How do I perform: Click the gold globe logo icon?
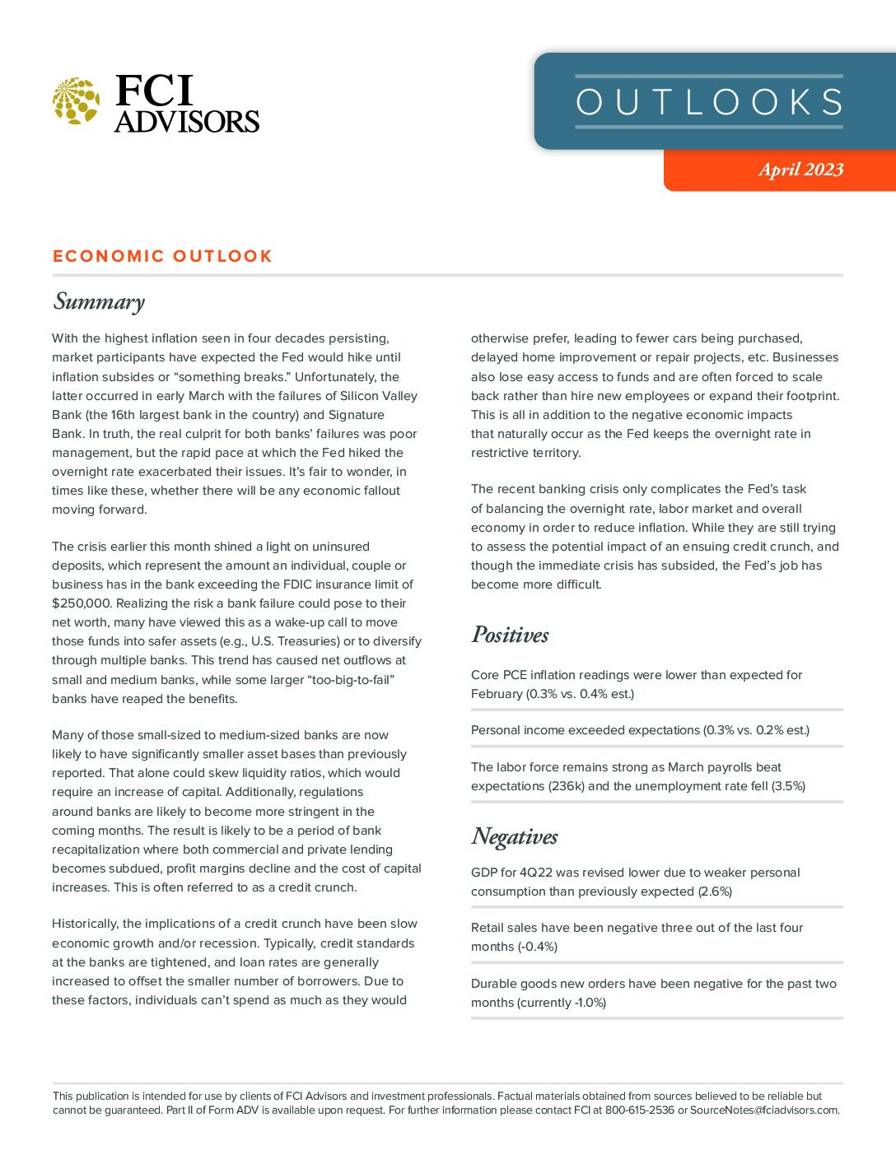pos(76,101)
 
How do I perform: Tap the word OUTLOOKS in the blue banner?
pos(709,102)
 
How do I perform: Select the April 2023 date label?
pos(800,170)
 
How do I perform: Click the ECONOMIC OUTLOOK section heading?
pos(162,256)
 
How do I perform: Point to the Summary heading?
pos(99,301)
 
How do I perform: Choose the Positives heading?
pos(510,635)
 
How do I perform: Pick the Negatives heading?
pos(514,836)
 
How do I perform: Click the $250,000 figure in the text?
pos(82,603)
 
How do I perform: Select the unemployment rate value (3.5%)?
pos(788,786)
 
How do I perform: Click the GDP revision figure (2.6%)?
pos(715,891)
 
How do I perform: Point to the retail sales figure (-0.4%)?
pos(537,947)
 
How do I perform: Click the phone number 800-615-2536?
pos(639,1110)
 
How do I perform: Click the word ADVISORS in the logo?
pos(187,122)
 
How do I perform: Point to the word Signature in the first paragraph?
pos(356,415)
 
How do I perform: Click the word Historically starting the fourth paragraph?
pos(85,924)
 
